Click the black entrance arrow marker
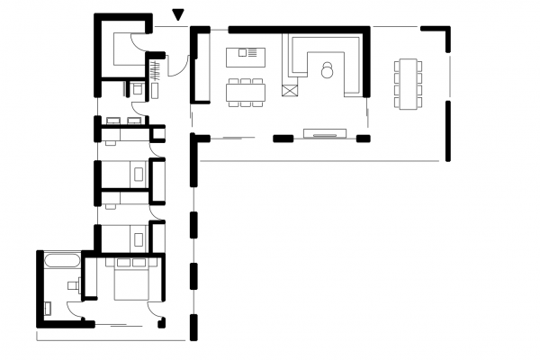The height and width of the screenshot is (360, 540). pos(178,13)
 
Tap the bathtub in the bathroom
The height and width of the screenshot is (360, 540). pos(61,262)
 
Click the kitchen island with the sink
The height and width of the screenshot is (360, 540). pos(246,54)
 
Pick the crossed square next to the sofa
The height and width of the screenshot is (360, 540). pos(289,89)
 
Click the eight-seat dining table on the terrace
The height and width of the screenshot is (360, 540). pos(407,83)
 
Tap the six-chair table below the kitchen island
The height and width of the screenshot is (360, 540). pos(246,92)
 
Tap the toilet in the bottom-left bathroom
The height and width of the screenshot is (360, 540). pos(74,284)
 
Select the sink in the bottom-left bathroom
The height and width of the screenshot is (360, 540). pos(50,307)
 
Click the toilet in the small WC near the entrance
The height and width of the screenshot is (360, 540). pos(136,88)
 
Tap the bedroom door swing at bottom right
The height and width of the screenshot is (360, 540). pos(157,318)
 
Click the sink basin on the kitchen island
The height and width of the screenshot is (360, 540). pos(243,53)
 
